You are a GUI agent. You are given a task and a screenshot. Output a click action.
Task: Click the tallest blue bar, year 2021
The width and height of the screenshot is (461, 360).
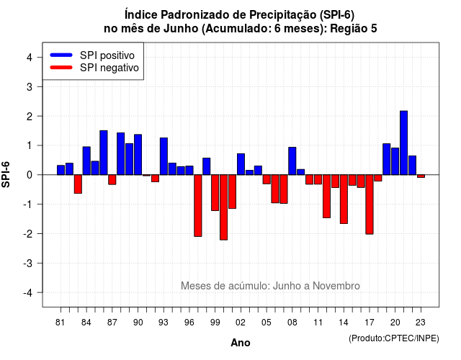[403, 143]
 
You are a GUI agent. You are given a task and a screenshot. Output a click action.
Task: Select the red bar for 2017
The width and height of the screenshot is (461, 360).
[370, 204]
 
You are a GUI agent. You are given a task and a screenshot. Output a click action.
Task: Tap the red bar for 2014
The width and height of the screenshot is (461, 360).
[344, 199]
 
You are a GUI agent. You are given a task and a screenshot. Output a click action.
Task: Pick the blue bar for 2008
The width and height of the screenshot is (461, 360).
[292, 161]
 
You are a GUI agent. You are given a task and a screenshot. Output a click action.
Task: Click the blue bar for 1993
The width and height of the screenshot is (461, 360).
[164, 156]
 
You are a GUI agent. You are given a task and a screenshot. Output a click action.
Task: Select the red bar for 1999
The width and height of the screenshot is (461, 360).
[215, 193]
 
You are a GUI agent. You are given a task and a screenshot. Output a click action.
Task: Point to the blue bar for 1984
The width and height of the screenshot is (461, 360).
[86, 161]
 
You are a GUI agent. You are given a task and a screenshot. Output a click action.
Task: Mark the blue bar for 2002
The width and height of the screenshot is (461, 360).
[241, 164]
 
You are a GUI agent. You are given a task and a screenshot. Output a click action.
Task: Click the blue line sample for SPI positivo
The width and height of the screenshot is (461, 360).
[61, 55]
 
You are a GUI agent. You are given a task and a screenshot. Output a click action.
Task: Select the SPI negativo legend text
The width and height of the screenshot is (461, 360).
[109, 68]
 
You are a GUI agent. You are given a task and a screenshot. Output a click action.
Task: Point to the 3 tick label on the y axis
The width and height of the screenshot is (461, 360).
[30, 86]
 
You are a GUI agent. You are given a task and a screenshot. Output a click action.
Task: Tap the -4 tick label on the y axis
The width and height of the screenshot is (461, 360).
[27, 293]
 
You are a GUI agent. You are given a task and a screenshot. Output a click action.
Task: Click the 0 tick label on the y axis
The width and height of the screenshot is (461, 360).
[30, 175]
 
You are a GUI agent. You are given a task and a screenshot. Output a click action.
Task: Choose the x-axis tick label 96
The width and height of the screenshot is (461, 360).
[189, 323]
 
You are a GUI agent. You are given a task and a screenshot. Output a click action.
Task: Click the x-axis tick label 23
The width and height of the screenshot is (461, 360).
[421, 323]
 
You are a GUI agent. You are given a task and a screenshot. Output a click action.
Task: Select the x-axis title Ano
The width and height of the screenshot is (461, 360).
[241, 343]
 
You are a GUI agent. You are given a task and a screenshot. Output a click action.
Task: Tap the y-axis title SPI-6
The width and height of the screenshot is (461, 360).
[6, 174]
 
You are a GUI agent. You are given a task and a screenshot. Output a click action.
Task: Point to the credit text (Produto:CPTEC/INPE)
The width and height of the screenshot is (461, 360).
[394, 338]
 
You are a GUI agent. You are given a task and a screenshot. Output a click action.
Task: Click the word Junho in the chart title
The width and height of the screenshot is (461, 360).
[181, 29]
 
